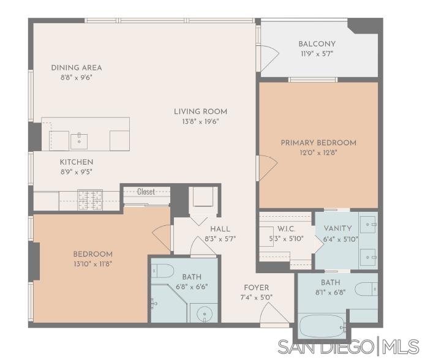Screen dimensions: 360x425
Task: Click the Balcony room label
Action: [x=317, y=43]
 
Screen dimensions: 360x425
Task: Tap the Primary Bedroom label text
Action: [x=318, y=143]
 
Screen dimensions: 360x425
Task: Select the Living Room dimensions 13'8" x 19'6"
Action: [x=200, y=121]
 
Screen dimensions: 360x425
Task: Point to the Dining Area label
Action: [x=76, y=67]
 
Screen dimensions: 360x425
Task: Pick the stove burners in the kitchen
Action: [x=89, y=199]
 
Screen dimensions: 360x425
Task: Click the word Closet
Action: [x=146, y=192]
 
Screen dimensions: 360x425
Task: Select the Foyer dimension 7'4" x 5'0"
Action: [x=255, y=297]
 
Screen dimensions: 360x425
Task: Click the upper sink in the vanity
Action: [x=369, y=224]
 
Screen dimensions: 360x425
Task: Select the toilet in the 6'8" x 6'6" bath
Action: [x=162, y=270]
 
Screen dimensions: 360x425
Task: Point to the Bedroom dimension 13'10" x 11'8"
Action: [x=92, y=264]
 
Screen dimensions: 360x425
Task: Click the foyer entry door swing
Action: [x=273, y=314]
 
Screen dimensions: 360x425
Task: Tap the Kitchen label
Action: [x=76, y=162]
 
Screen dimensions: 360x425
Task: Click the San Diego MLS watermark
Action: [x=348, y=347]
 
